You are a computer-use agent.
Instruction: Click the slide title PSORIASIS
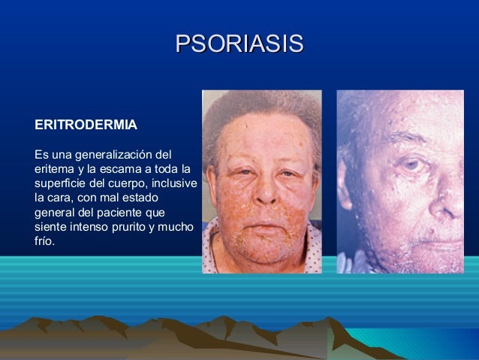[x=239, y=43]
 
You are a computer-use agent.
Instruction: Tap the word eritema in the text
[x=53, y=168]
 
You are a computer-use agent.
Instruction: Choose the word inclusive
[x=175, y=183]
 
